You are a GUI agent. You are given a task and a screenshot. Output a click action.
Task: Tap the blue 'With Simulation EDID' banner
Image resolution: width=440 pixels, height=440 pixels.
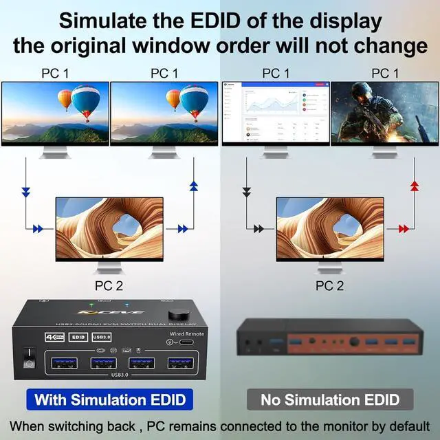point(110,399)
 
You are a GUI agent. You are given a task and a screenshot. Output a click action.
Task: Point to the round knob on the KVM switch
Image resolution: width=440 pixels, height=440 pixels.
point(170,307)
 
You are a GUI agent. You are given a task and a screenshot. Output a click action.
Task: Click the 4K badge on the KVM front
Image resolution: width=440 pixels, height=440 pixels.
point(52,337)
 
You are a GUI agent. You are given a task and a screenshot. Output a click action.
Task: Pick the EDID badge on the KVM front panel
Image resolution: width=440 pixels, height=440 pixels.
point(78,337)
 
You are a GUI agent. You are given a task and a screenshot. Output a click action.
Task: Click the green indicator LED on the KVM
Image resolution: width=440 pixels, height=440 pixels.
point(90,305)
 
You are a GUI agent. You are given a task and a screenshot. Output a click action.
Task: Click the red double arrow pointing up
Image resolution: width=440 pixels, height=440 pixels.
point(414,186)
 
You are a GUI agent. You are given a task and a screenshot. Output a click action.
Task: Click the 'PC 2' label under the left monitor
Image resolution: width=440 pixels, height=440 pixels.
point(109,285)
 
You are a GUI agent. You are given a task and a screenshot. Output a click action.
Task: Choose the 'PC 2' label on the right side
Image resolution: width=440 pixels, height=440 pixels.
point(330,285)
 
